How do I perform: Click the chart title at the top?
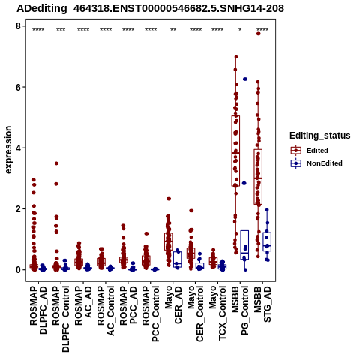(151, 9)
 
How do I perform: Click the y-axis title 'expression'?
(8, 150)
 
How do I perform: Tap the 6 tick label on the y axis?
(18, 87)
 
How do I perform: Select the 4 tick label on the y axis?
(18, 148)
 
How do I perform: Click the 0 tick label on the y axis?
(18, 270)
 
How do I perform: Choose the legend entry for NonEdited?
(316, 163)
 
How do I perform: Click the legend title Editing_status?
(320, 136)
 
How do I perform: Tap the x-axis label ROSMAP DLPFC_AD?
(38, 310)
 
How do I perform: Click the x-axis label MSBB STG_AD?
(262, 304)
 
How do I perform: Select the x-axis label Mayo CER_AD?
(173, 304)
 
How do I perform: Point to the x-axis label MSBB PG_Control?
(240, 310)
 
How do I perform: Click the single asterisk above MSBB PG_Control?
(240, 30)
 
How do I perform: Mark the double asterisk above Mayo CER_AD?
(173, 30)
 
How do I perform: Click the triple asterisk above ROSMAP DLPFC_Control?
(61, 30)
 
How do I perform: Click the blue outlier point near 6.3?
(245, 79)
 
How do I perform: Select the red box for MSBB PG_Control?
(235, 151)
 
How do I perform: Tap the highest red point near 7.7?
(259, 34)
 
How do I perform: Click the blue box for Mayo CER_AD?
(178, 259)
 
